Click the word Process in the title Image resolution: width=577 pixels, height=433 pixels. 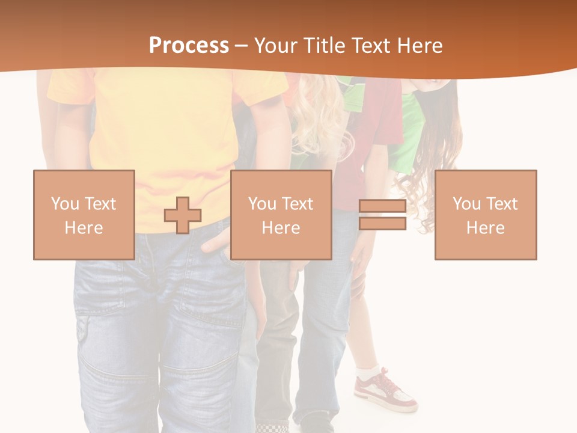pos(189,46)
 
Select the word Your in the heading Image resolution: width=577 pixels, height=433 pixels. pos(277,46)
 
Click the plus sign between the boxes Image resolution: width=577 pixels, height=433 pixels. pos(183,215)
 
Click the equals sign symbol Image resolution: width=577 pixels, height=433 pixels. pos(382,215)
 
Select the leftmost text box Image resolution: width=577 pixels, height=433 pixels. pos(84,215)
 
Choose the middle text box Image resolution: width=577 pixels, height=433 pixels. pos(281,215)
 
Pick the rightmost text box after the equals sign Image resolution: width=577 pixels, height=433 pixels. pos(486,215)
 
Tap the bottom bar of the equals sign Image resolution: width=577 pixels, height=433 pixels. pos(382,223)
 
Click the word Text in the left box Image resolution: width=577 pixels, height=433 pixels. pos(100,204)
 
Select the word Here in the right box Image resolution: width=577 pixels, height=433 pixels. pos(486,228)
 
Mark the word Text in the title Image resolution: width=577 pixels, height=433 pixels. pos(369,46)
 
